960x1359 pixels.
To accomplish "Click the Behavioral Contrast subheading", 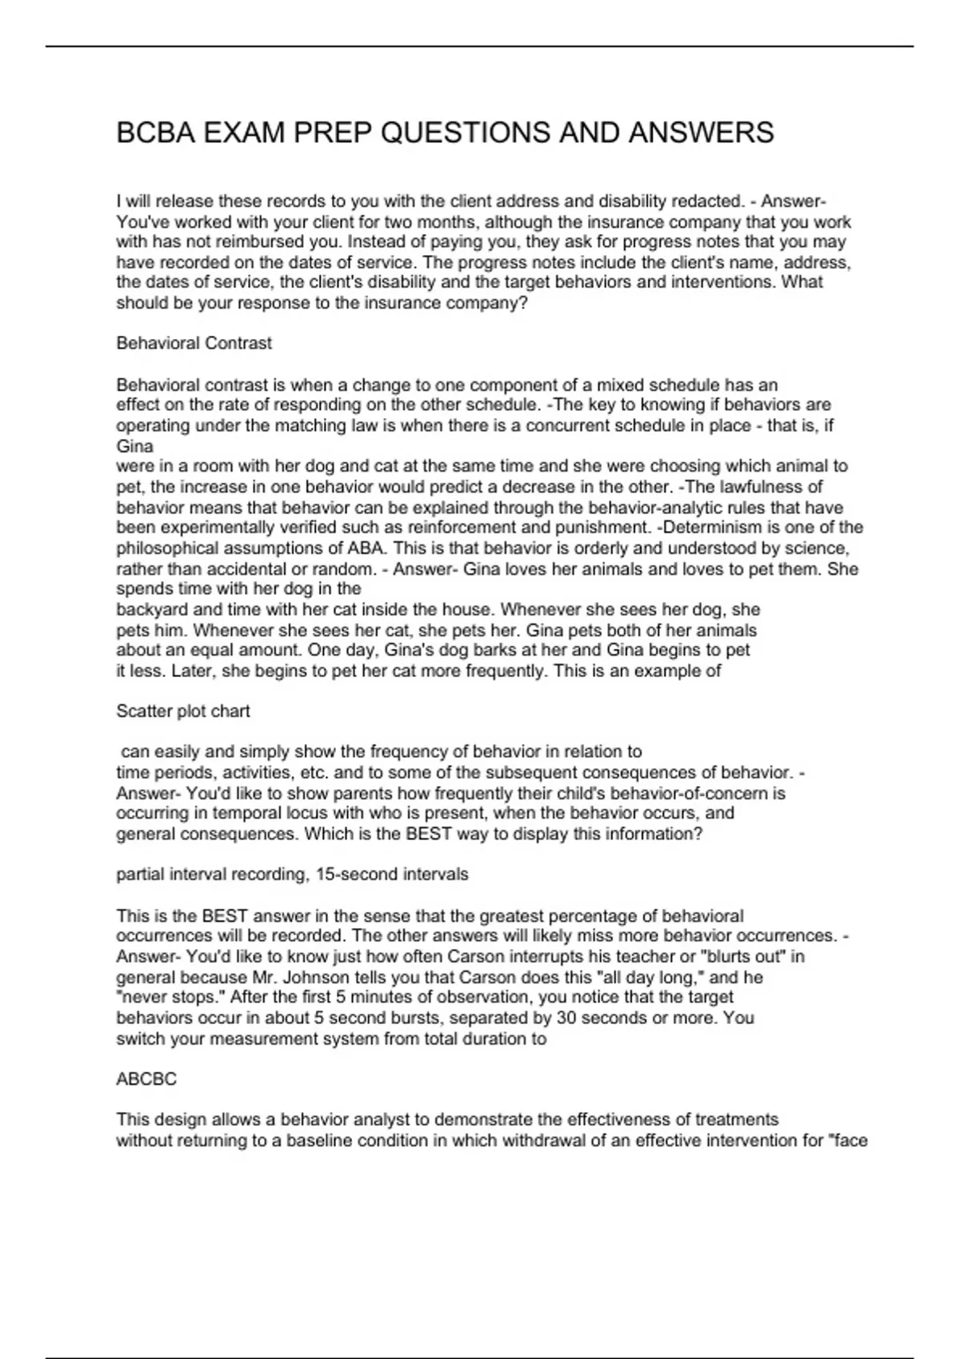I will click(x=194, y=343).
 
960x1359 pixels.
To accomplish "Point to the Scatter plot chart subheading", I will click(x=183, y=711).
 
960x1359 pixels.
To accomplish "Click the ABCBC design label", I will click(x=146, y=1079).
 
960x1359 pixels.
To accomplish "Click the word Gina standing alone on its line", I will click(x=134, y=446).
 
